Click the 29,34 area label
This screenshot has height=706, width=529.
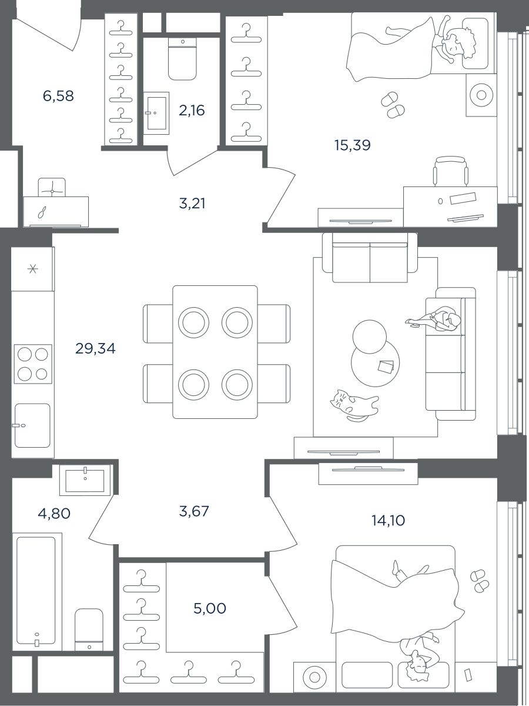coord(95,349)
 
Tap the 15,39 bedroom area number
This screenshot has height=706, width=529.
coord(352,145)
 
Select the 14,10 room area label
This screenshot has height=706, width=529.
coord(389,521)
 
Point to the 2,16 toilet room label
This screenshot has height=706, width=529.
coord(192,111)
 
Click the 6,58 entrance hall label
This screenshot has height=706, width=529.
coord(58,96)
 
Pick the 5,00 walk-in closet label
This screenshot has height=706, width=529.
coord(210,608)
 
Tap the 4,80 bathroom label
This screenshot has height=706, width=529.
coord(54,514)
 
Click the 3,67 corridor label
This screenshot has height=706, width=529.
coord(194,511)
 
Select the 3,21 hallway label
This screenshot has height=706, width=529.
coord(192,204)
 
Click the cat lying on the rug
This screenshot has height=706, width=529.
coord(353,405)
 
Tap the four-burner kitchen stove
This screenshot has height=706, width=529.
coord(33,364)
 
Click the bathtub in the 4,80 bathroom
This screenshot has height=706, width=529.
coord(36,590)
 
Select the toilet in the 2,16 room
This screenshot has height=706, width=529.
coord(182,59)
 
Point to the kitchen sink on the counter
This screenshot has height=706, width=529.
coord(32,425)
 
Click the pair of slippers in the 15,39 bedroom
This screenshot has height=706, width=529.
coord(393,105)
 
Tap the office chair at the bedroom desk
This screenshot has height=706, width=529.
coord(450,171)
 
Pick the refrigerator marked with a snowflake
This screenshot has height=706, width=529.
coord(33,269)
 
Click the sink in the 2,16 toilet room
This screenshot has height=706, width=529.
coord(156,113)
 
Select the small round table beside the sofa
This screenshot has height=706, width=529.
coord(369,337)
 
